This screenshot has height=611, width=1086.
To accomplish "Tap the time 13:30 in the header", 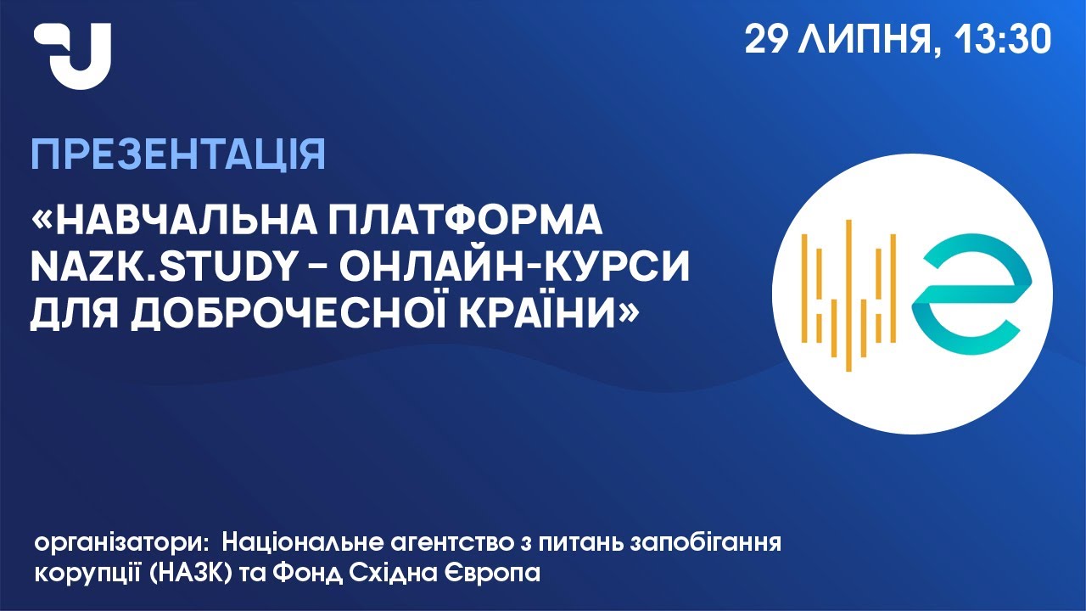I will point(1003,39).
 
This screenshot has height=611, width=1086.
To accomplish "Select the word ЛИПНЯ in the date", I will point(869,40).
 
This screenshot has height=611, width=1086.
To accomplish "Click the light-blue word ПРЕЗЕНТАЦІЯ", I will point(178,156).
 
